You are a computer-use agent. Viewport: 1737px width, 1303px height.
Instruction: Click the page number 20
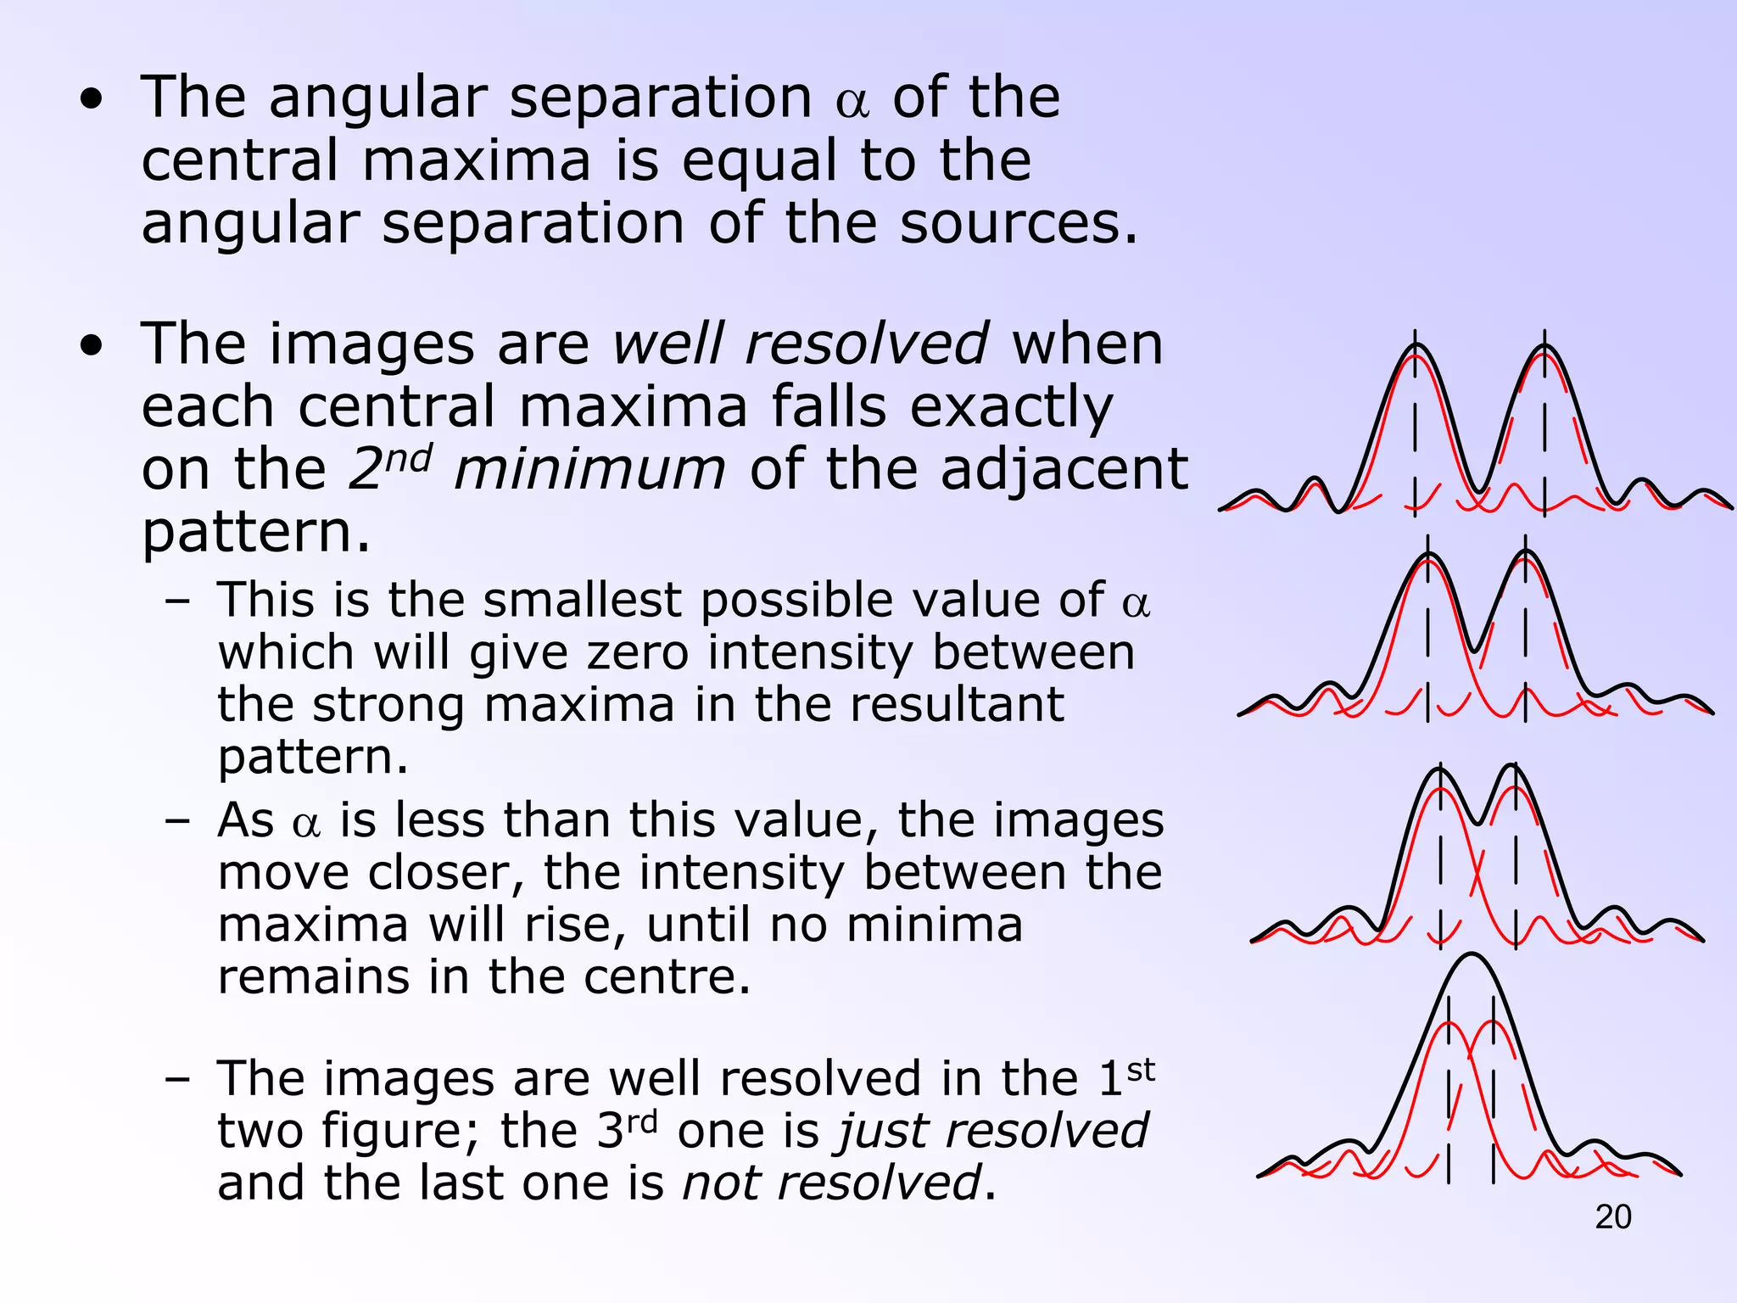(x=1612, y=1216)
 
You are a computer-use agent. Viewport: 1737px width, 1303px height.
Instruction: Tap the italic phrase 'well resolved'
(x=800, y=344)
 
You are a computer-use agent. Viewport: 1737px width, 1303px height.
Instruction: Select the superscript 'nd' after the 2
(x=409, y=459)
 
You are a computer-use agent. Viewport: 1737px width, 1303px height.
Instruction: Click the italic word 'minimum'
(x=589, y=469)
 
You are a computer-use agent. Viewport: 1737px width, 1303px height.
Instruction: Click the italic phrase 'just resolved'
(x=993, y=1131)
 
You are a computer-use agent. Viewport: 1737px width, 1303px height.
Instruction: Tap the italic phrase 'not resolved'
(x=831, y=1183)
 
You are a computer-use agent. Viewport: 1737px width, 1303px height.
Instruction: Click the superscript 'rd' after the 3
(x=642, y=1121)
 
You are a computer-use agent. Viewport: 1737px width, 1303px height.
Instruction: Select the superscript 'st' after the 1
(x=1141, y=1070)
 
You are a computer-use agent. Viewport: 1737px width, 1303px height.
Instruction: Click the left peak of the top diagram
(x=1415, y=347)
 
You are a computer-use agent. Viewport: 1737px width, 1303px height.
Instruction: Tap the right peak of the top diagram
(x=1544, y=347)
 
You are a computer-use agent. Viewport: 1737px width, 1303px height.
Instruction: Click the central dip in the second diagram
(x=1477, y=648)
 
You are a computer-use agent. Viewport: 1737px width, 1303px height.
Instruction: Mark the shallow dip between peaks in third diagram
(x=1478, y=822)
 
